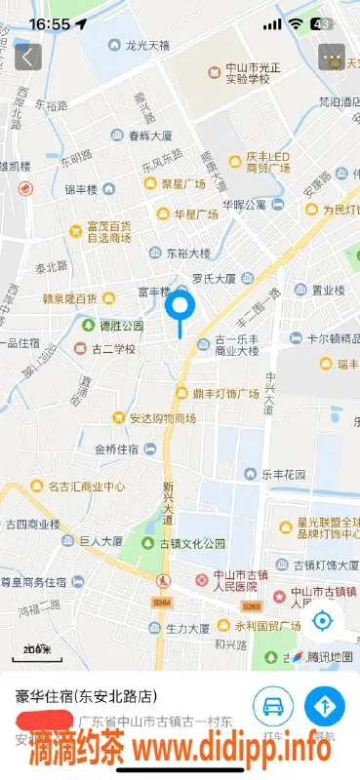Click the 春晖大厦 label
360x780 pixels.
(x=150, y=136)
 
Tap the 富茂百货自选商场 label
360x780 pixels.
(x=108, y=231)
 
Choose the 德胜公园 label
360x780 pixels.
(x=120, y=325)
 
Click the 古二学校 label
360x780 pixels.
(x=113, y=348)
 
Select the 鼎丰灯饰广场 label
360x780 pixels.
(x=224, y=393)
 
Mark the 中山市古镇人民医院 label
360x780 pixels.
(x=234, y=580)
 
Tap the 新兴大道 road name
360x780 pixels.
(x=168, y=498)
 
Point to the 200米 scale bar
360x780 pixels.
(x=37, y=648)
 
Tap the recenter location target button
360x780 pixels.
(x=324, y=620)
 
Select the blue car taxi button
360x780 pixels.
(x=273, y=707)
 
